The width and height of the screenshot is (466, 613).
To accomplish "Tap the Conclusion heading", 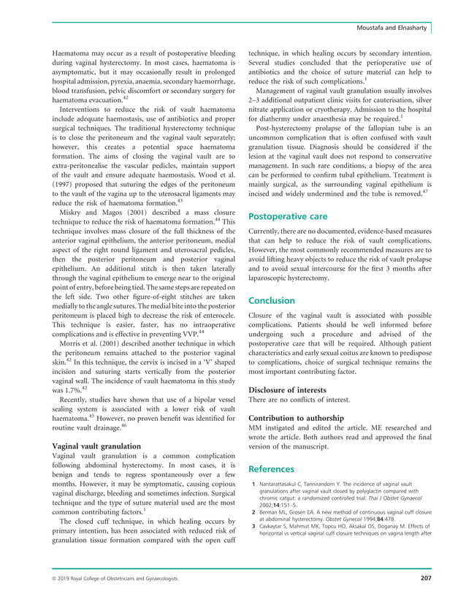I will click(272, 300).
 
